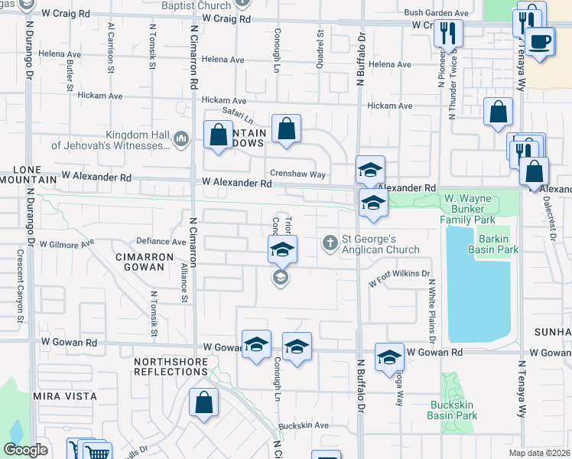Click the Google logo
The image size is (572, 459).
point(24,450)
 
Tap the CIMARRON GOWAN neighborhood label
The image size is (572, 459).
point(139,262)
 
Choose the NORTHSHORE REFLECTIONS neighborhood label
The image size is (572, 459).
point(171,366)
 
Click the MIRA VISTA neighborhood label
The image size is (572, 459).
point(65,396)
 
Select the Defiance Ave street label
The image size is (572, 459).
point(161,241)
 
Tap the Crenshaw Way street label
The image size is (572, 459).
point(297,174)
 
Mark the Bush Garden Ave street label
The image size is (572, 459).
point(437,13)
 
